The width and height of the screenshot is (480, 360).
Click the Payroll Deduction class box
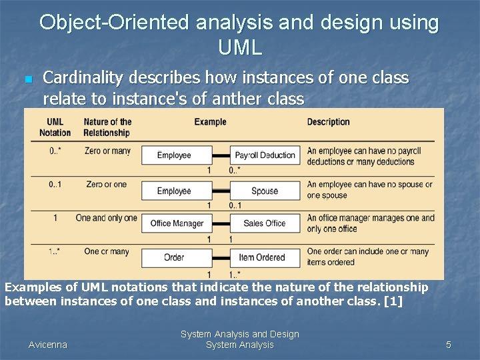pos(265,155)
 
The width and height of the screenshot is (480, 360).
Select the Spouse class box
pos(265,191)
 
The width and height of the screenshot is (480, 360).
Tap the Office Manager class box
pos(177,223)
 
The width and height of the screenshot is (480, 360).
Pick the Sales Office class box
pos(265,223)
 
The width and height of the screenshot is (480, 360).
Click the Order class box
pos(174,257)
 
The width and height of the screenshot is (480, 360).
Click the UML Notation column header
pos(55,127)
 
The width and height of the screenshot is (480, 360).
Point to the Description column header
pos(328,122)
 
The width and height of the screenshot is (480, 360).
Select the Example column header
pos(210,122)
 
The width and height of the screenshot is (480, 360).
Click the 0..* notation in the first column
pos(55,151)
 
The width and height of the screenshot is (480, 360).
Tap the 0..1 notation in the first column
pos(55,185)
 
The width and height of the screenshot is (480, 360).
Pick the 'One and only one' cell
pos(106,218)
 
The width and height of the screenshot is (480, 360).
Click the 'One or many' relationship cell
pos(107,251)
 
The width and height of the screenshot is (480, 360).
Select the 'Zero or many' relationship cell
pos(107,151)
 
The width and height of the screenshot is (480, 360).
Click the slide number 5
pos(449,345)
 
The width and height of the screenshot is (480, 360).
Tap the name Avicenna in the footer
pos(48,345)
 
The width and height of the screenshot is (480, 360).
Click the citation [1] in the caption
pos(393,301)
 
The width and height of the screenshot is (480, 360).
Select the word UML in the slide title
pos(239,47)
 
